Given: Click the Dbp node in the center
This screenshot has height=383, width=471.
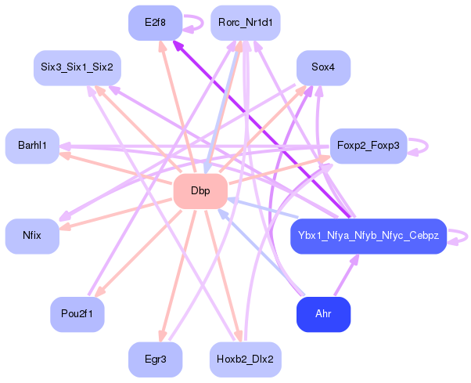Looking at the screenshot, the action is (x=200, y=191).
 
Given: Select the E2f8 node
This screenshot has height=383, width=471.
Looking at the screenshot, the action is (x=155, y=23).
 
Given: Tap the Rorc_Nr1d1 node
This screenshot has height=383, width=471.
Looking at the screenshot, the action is (x=246, y=23).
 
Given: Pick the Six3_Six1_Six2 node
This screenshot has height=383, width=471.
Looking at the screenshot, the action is (x=77, y=67).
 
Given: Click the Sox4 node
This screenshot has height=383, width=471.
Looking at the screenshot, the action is (x=323, y=67).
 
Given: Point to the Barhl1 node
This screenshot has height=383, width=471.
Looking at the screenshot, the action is (x=32, y=146).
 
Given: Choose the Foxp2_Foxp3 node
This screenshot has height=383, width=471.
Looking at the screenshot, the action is (x=369, y=146).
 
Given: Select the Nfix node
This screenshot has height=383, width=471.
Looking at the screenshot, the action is (x=32, y=236).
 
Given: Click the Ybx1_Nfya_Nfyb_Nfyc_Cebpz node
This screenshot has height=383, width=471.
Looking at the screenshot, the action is (x=369, y=236).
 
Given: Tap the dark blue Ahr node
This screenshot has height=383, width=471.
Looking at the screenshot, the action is (x=323, y=314).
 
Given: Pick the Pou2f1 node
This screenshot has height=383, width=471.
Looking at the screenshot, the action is (x=77, y=314).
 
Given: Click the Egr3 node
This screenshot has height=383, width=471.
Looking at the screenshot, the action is (x=155, y=360).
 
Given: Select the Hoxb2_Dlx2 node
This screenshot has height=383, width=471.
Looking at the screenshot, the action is (x=246, y=360).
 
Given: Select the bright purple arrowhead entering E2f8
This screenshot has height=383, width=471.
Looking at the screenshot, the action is (x=178, y=45).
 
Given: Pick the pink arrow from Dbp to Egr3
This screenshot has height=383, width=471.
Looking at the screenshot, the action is (x=178, y=276).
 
